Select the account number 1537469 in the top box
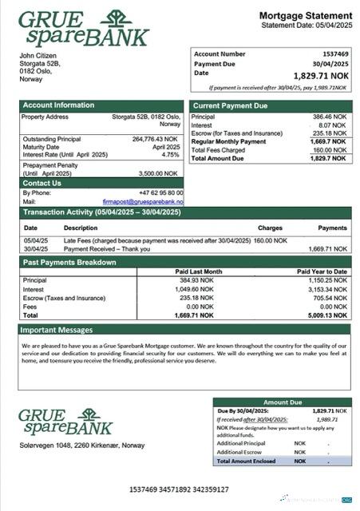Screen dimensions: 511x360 tap(335, 53)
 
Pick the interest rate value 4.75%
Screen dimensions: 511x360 tap(171, 155)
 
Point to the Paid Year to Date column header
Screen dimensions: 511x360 tap(322, 271)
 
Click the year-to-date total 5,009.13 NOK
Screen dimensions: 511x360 tap(329, 315)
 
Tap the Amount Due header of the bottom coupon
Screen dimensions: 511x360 tap(283, 402)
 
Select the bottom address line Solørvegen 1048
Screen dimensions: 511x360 tap(82, 445)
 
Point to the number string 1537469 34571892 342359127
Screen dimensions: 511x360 tap(180, 489)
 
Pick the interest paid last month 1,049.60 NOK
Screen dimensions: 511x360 tap(194, 289)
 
